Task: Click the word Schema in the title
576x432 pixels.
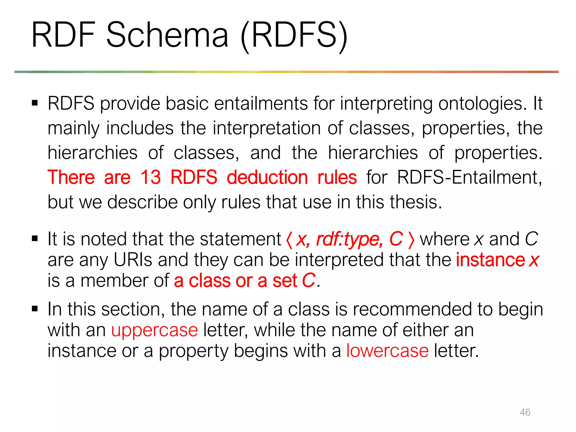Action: point(167,35)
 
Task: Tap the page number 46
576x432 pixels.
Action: point(525,412)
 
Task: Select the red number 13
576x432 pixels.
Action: point(150,177)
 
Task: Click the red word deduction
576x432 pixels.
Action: point(267,177)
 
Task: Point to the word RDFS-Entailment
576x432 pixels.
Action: point(469,177)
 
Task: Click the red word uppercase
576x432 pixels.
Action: point(154,330)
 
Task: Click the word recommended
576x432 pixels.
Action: point(412,309)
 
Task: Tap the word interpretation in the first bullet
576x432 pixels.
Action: point(266,128)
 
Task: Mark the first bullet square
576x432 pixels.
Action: point(35,103)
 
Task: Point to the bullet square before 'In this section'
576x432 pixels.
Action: point(35,309)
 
